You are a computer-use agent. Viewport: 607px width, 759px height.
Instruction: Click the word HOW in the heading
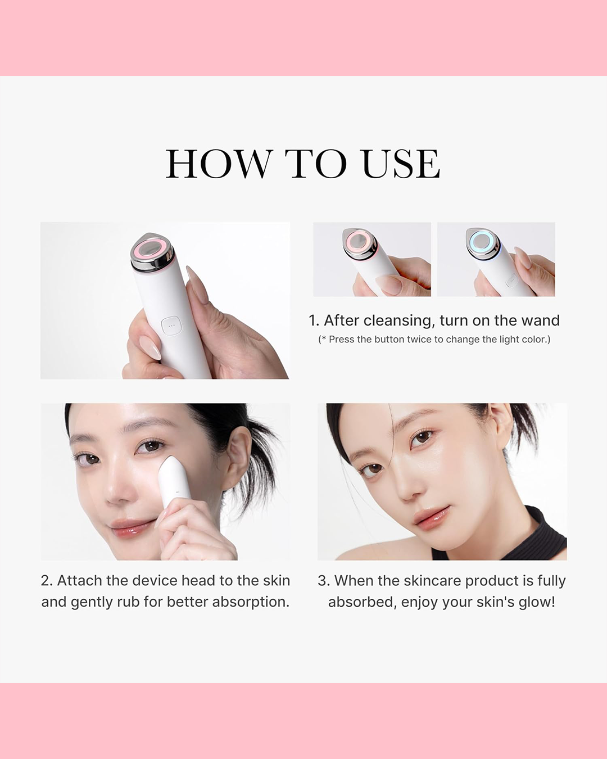(219, 164)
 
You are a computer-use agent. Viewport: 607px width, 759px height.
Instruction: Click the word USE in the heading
(401, 164)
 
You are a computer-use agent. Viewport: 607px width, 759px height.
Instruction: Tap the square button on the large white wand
(171, 326)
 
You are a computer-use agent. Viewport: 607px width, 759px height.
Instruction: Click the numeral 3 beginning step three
(323, 581)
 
